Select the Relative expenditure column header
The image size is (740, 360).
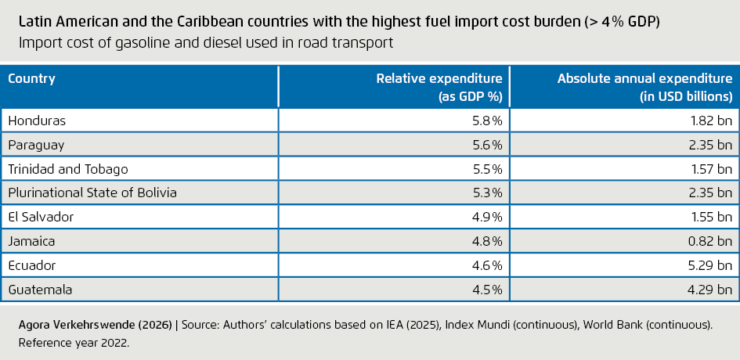click(439, 87)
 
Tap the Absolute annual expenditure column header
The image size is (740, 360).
click(644, 87)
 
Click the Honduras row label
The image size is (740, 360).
click(37, 121)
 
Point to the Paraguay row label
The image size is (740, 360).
click(36, 145)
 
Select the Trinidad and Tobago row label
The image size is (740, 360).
click(67, 169)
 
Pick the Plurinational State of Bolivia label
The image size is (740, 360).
click(92, 193)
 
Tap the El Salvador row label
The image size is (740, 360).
click(40, 218)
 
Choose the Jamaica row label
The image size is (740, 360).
click(32, 242)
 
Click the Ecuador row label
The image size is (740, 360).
click(32, 266)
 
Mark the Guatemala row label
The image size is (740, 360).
click(40, 290)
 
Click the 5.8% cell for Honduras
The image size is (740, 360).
click(486, 121)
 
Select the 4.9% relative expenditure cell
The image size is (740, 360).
click(486, 218)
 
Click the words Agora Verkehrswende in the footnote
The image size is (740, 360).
click(74, 322)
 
